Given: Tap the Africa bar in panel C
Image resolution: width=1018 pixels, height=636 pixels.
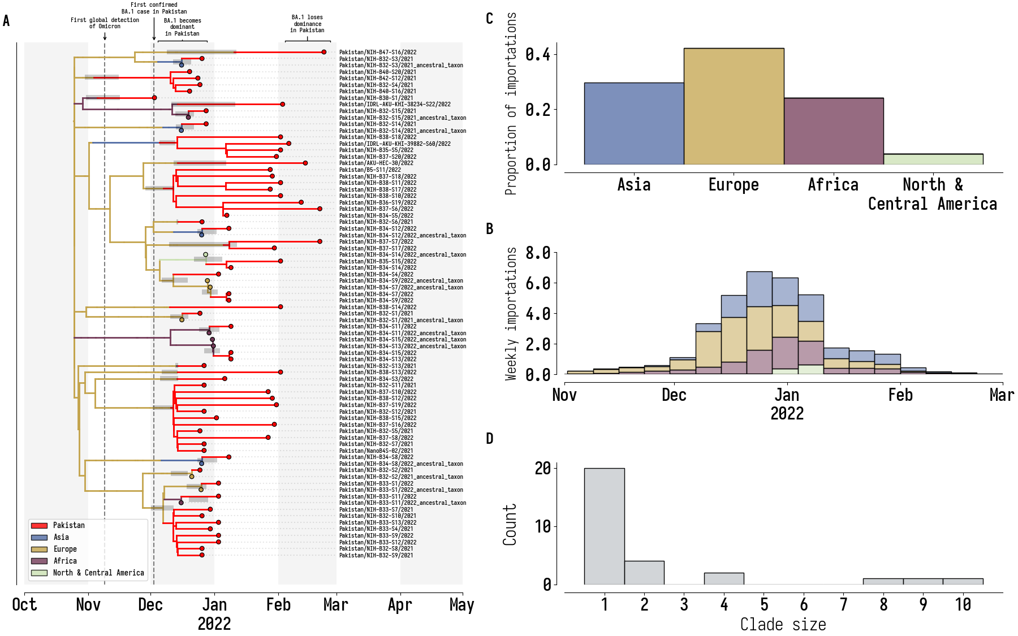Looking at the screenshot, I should pos(833,131).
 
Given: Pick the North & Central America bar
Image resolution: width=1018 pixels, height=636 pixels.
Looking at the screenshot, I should pos(933,159).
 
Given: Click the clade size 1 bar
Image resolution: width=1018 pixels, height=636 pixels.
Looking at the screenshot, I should pos(604,526).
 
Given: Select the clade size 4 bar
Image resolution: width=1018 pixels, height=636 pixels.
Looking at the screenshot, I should pos(723,578).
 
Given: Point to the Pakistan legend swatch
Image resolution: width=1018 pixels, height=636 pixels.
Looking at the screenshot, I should pos(39,525).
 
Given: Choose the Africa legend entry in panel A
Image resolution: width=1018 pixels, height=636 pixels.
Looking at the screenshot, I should pos(65,561).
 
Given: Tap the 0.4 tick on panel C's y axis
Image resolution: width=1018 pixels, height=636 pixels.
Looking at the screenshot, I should pos(537,54).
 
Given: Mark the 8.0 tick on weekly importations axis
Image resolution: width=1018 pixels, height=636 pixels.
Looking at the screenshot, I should pos(537,253).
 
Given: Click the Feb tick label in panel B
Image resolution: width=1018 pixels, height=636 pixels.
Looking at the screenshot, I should pos(900,395).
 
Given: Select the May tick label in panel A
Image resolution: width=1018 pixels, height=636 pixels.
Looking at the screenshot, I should pos(461,605).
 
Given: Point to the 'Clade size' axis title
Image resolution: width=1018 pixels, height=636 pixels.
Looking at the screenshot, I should pos(783,625).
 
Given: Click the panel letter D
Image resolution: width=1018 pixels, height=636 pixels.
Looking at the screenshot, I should pos(490,439).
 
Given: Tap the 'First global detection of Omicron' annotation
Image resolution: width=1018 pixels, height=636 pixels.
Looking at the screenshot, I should pos(105,23).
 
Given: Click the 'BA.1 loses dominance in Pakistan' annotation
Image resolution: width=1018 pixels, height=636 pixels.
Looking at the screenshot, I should pos(307,24).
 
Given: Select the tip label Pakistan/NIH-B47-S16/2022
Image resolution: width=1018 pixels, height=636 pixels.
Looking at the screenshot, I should pos(378,52).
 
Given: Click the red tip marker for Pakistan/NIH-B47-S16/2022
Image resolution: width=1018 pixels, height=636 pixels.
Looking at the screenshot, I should pos(324,52).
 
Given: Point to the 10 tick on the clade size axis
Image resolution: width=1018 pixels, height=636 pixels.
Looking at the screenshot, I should pos(963,605).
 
